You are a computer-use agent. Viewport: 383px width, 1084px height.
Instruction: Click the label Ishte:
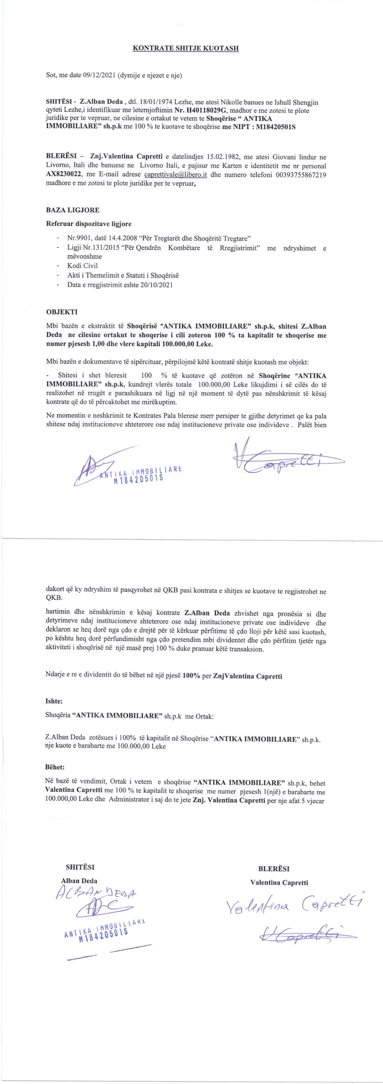tap(54, 701)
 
